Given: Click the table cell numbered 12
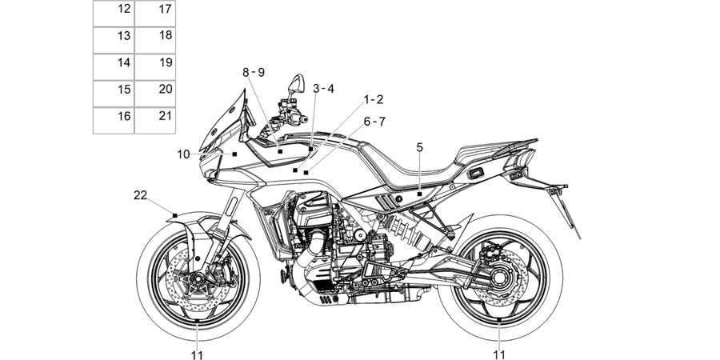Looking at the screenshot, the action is pos(114,14).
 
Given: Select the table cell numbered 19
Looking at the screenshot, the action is pos(154,67).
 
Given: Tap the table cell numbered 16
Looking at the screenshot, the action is pos(114,121).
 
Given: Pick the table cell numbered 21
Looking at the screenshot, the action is pos(154,121).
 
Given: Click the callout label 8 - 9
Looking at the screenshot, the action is pos(254,72).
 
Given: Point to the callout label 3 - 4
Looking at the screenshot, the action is pos(323,89).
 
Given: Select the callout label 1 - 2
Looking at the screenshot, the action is pos(374,99).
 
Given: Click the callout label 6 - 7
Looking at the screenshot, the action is pos(374,122).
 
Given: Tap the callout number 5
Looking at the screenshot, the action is pos(420,147).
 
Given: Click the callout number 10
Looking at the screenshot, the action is pos(183,154).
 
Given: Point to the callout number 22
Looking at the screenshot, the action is pos(141,195).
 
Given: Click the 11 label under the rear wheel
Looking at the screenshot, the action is pos(499,354).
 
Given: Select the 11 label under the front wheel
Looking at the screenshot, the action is pos(197,354).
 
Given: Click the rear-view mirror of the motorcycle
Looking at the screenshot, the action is pos(298,82).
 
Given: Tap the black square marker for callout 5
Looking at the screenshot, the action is pos(419,194).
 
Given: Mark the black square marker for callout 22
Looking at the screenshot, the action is pos(174,215).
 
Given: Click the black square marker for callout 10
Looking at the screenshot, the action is pos(234,154).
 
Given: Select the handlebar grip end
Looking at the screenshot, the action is pos(302,120).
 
